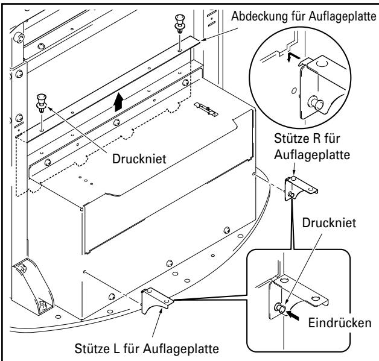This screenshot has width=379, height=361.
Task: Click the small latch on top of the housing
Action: coord(205,107)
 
